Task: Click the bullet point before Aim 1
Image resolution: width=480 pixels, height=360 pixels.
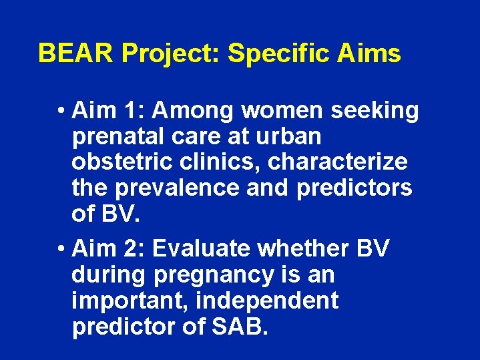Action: (61, 111)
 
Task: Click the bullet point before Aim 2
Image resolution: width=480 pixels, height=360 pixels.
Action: (61, 249)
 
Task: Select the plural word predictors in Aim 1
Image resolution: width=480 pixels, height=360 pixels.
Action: (354, 188)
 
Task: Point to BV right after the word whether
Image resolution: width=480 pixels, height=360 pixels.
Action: (372, 248)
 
